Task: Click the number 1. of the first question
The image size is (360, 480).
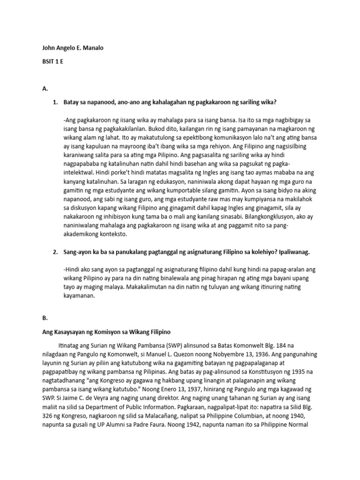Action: point(55,102)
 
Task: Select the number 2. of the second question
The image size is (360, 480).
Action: point(55,252)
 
